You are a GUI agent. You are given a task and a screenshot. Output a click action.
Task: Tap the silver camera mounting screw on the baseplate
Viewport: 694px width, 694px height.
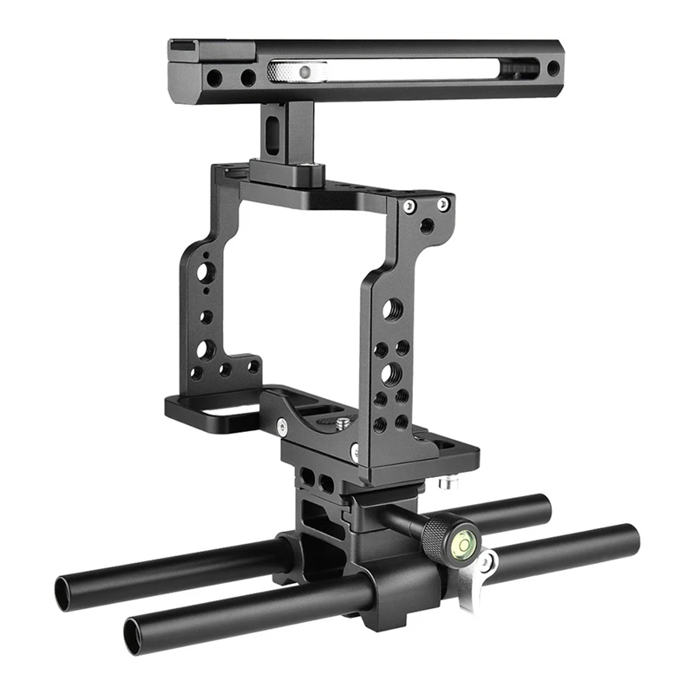point(344,422)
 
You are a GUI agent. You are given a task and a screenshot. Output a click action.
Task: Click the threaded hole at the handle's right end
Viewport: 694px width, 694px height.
point(553,68)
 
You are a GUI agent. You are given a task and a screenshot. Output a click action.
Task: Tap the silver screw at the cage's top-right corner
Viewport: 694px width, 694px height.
point(443,204)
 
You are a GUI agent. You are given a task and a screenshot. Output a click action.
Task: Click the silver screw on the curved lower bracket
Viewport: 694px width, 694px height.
point(282,425)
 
